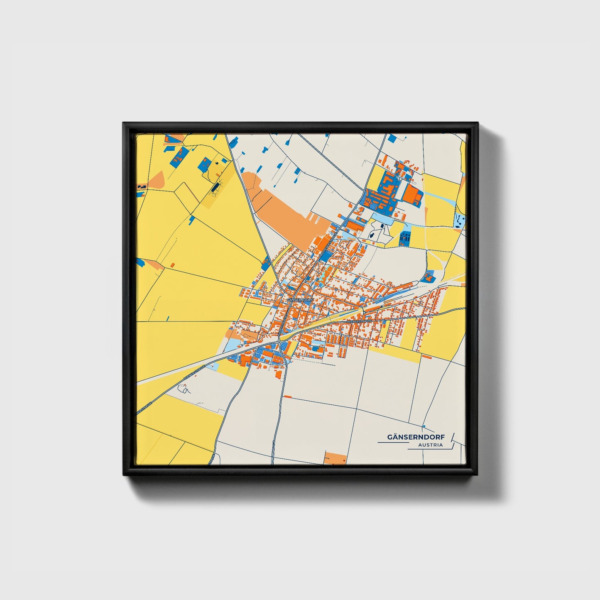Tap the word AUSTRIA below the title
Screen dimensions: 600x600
click(430, 445)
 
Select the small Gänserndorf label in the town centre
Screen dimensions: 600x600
click(299, 299)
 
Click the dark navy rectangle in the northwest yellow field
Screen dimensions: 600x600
click(214, 188)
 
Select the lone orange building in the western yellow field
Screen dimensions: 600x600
click(172, 264)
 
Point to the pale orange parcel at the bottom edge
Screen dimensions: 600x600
click(335, 458)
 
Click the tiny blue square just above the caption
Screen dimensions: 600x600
click(424, 426)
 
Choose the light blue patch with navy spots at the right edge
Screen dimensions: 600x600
click(460, 220)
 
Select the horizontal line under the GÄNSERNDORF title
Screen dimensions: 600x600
click(392, 443)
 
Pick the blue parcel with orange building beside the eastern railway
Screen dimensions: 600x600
click(429, 276)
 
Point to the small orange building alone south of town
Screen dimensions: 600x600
click(287, 397)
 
